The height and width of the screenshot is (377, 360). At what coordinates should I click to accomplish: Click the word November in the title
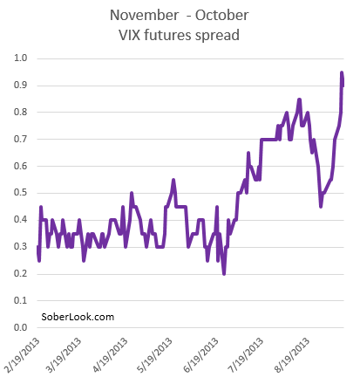point(144,15)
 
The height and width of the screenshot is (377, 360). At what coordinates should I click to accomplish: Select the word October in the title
point(221,15)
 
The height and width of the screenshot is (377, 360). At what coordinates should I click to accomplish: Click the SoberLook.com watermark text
point(78,317)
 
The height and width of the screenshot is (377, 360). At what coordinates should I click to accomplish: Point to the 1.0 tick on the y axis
point(21,58)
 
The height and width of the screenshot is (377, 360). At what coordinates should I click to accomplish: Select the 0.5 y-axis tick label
point(21,193)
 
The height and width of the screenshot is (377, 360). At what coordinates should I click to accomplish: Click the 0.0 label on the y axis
point(21,327)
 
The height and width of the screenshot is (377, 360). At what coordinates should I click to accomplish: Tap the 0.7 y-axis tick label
point(21,139)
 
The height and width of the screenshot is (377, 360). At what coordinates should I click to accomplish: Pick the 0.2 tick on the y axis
point(21,273)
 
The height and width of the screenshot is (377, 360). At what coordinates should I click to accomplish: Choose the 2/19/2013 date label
point(22,355)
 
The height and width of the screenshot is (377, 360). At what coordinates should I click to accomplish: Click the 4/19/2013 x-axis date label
point(110,355)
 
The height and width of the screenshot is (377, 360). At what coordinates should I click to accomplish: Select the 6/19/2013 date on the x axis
point(200,355)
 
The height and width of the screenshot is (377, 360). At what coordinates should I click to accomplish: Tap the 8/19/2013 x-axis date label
point(292,355)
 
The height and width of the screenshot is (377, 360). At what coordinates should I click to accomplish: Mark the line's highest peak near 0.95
point(342,72)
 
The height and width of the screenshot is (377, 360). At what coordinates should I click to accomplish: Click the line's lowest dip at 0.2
point(224,274)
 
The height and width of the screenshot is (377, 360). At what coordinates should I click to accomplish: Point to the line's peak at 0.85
point(299,99)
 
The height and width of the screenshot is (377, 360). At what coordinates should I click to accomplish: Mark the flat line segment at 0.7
point(268,140)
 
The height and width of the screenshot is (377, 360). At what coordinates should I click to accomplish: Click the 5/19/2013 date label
point(155,355)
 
